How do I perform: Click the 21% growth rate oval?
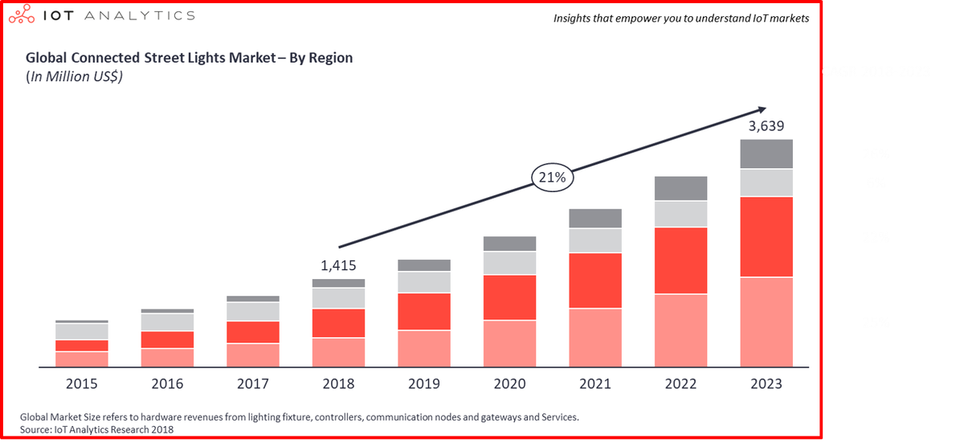click(x=552, y=178)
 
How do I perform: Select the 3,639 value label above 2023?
click(x=766, y=126)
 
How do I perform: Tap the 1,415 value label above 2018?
click(x=338, y=265)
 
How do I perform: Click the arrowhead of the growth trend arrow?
click(x=760, y=109)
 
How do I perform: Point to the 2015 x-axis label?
click(x=82, y=384)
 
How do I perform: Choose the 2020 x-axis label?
click(x=509, y=384)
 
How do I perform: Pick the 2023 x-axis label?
click(x=766, y=384)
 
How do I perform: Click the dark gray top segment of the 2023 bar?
click(x=766, y=154)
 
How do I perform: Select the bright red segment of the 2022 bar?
click(x=680, y=260)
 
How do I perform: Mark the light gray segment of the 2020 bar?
click(x=509, y=263)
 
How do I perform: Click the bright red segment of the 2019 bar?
click(x=424, y=312)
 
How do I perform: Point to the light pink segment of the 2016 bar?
click(x=167, y=358)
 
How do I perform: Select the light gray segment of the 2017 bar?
click(x=253, y=311)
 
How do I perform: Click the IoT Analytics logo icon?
click(x=24, y=15)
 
